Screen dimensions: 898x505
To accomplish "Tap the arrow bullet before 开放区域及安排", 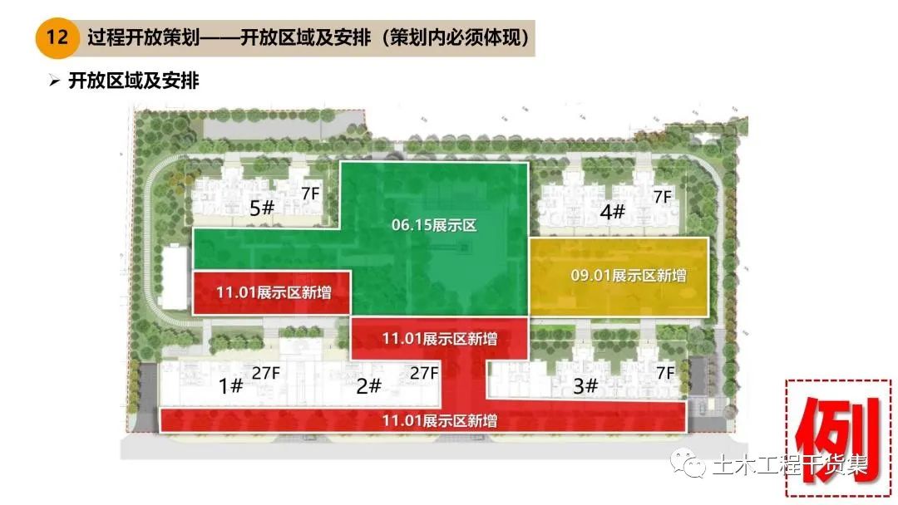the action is coord(55,81).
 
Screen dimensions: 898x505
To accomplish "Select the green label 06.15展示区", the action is coord(434,224).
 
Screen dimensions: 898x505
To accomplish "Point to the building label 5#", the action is coord(262,208).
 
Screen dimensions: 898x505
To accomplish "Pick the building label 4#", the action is coord(612,212).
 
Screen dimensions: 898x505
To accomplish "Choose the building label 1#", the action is coord(230,385).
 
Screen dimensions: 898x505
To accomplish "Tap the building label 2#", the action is coord(368,385).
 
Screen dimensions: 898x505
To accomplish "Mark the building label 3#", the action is coord(586,385).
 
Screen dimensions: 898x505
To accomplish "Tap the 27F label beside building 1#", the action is coord(277,373).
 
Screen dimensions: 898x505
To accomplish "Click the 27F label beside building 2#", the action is coord(424,373).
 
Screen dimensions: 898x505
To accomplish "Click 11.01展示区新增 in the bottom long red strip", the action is coord(440,421).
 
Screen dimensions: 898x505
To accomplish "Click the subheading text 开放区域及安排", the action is coord(134,81).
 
